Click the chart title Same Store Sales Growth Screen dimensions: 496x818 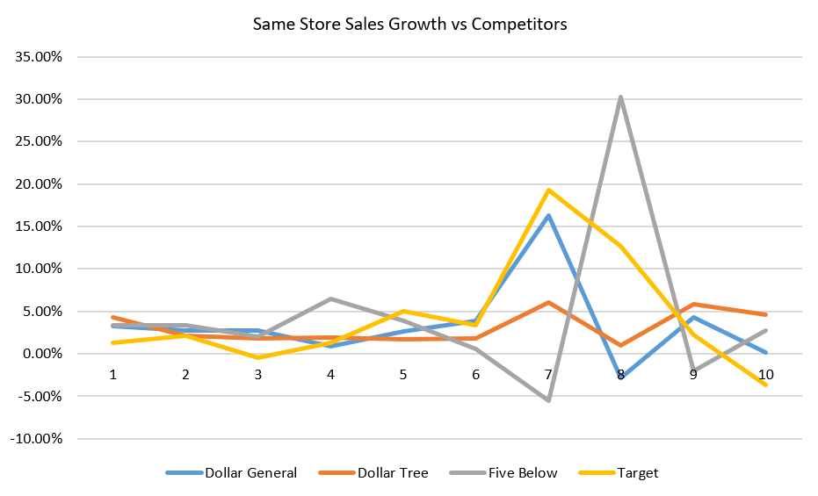tap(409, 24)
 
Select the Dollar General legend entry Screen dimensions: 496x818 tap(250, 473)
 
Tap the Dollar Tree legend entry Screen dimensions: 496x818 tap(393, 473)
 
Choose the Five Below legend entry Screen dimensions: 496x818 tap(523, 473)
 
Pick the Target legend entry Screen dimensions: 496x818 tap(638, 473)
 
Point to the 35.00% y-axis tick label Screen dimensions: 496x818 tap(38, 57)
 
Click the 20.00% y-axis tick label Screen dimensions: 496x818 tap(38, 184)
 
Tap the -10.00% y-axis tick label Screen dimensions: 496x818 tap(36, 439)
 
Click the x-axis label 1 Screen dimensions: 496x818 tap(113, 374)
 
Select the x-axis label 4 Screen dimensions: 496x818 tap(330, 374)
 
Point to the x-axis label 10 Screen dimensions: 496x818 tap(765, 374)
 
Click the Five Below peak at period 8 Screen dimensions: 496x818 tap(620, 97)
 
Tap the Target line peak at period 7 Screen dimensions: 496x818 tap(548, 190)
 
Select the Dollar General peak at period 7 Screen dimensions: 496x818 tap(548, 215)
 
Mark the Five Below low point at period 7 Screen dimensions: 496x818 tap(548, 400)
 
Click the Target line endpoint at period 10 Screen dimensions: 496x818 tap(765, 385)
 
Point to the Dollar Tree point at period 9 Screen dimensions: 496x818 tap(693, 304)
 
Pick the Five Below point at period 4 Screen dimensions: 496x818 tap(330, 298)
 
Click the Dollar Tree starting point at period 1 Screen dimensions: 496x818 tap(113, 317)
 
